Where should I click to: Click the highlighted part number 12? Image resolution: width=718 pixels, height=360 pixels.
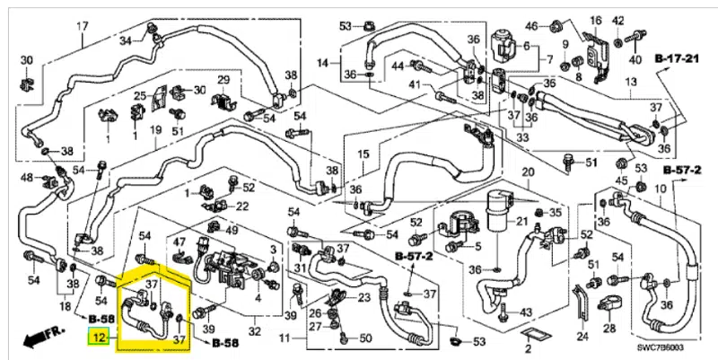[x=100, y=339]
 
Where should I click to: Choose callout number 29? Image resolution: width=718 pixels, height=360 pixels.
[x=223, y=82]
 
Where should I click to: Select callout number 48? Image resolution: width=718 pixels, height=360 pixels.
[x=27, y=177]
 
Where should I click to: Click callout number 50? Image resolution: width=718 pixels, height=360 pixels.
[x=365, y=338]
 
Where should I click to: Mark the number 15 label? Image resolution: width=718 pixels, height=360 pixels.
[x=363, y=154]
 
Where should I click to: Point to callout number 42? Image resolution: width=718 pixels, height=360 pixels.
[x=618, y=20]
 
